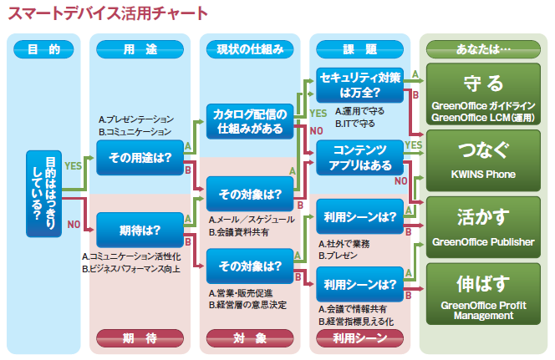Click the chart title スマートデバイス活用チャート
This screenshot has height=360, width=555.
click(x=108, y=13)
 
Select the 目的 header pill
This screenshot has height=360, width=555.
click(x=43, y=49)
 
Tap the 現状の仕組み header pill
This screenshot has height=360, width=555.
click(x=250, y=49)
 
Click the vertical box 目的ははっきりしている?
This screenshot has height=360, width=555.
click(x=44, y=194)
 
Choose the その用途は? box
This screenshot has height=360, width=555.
click(x=140, y=158)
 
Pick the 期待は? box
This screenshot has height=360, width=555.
click(x=140, y=231)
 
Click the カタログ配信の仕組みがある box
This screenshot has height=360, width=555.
click(x=250, y=121)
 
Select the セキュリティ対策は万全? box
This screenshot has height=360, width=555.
click(x=359, y=85)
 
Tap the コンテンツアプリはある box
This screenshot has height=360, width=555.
click(x=359, y=158)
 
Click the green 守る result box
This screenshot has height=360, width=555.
click(x=483, y=94)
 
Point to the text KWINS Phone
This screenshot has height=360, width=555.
click(x=483, y=175)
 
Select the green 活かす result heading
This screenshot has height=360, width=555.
click(x=483, y=217)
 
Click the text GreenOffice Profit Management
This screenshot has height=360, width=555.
click(x=483, y=310)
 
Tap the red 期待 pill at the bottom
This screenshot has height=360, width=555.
click(x=140, y=338)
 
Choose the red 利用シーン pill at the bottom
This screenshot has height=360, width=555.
click(x=359, y=338)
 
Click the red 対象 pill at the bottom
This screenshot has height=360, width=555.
click(x=250, y=338)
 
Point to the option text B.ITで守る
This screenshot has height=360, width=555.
click(x=354, y=124)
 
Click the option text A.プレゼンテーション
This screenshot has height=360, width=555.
click(x=136, y=119)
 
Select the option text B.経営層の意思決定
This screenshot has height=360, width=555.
click(x=247, y=305)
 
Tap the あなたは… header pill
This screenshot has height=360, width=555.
click(x=483, y=49)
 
